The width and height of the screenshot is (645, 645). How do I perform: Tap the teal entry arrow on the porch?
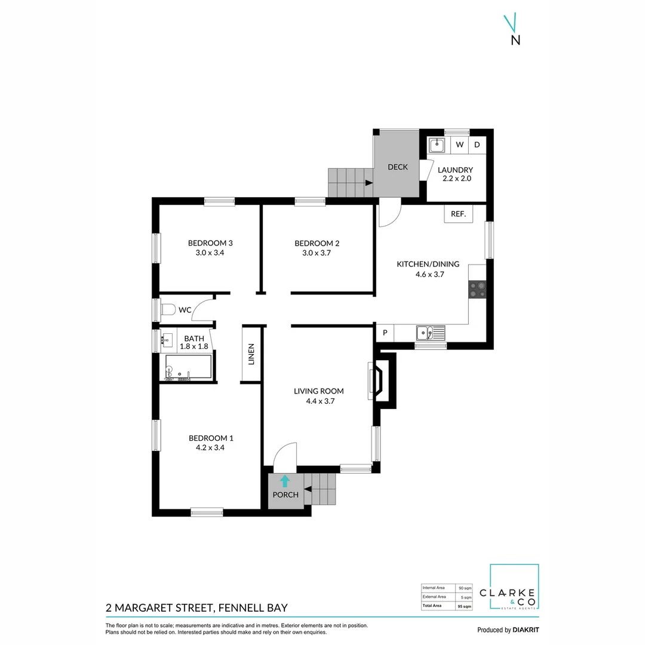285,481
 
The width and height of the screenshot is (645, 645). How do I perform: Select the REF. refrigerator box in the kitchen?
458,214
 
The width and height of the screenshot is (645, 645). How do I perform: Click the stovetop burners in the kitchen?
477,290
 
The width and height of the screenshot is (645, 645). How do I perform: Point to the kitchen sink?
430,333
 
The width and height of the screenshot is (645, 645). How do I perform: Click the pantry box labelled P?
385,333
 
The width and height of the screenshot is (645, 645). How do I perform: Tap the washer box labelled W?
460,145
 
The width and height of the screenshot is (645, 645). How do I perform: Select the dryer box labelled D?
477,145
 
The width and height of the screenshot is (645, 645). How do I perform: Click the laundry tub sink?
437,145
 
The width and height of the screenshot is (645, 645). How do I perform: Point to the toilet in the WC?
168,309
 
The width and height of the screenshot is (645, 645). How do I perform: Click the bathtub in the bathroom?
188,367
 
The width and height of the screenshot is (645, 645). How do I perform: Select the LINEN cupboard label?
251,354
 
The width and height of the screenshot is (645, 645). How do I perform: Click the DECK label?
398,167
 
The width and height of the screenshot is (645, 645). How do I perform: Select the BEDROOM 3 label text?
210,243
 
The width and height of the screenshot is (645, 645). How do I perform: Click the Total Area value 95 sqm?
464,606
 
